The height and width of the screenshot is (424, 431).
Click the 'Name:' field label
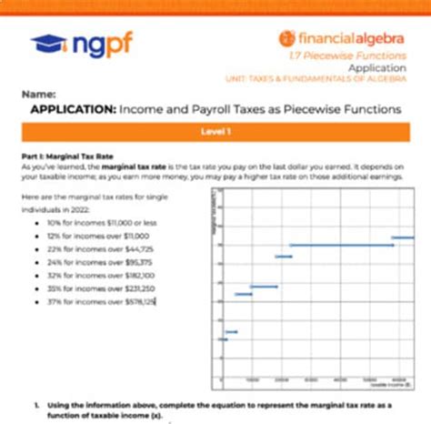[x=39, y=94]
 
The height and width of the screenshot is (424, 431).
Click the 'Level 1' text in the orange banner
[x=215, y=132]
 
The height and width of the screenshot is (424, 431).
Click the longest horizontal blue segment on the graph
[x=340, y=245]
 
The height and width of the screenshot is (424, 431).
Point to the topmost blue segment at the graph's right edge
[x=403, y=237]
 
